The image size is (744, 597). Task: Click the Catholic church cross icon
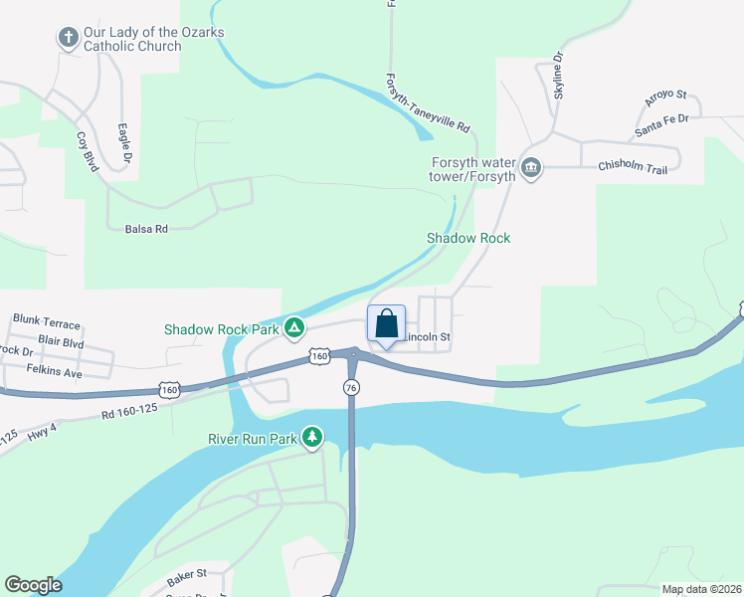tap(69, 39)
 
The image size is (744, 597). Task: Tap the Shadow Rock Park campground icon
tap(294, 327)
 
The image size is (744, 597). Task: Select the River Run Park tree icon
tap(313, 437)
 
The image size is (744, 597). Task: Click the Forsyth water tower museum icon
tap(530, 167)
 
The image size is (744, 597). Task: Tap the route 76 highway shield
tap(351, 386)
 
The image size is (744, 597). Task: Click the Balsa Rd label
tap(146, 228)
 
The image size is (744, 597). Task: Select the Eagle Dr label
tap(123, 142)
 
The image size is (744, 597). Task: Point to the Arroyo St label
tap(665, 97)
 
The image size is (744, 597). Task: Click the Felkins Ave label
tap(53, 372)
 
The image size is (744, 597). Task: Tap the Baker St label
tap(186, 573)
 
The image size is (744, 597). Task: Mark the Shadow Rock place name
tap(468, 238)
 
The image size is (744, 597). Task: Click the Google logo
tap(33, 585)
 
